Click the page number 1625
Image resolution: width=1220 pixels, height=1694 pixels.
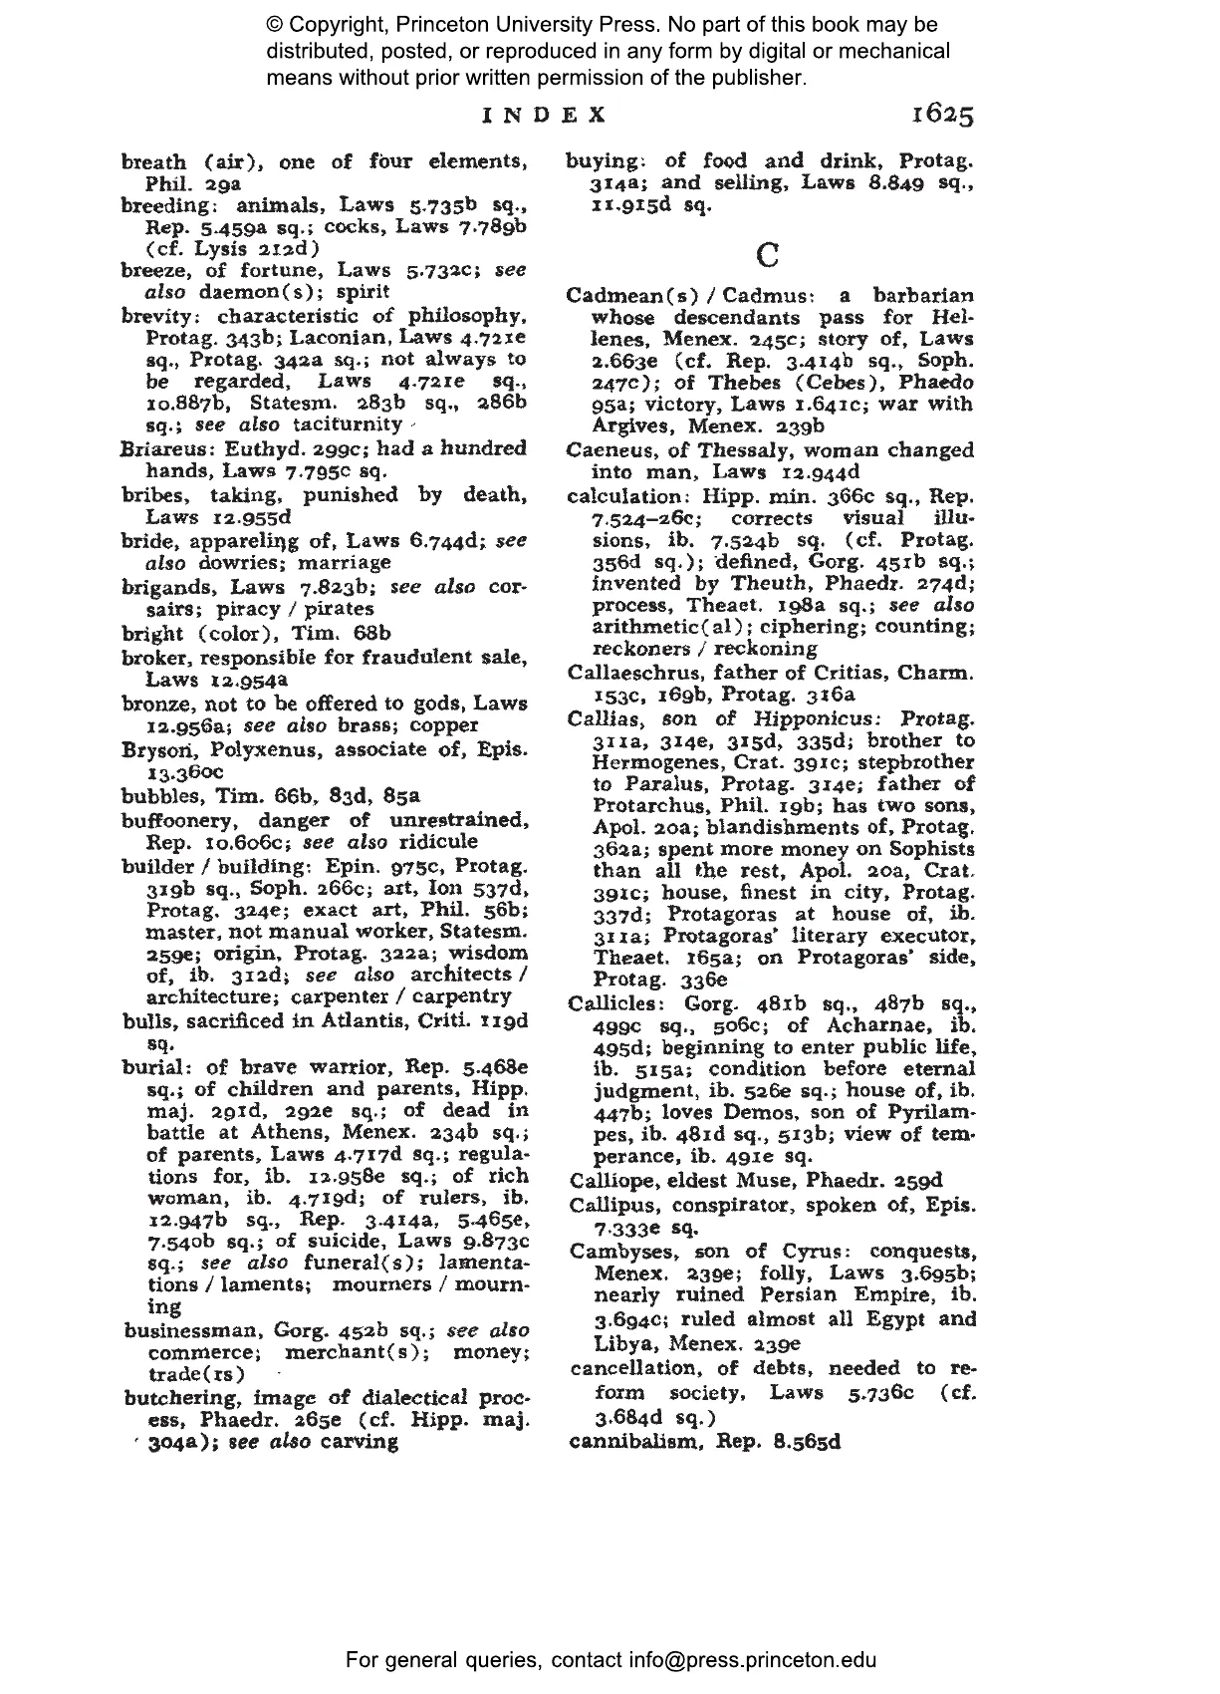click(941, 116)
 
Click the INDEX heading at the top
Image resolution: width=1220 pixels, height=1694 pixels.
click(544, 116)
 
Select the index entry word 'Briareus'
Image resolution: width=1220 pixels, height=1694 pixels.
click(157, 448)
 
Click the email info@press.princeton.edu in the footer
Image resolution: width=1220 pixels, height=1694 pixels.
click(752, 1660)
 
